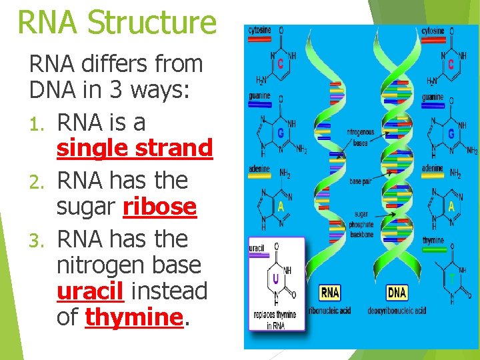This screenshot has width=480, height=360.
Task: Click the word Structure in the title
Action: click(153, 21)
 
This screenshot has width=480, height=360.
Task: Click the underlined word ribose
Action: click(160, 207)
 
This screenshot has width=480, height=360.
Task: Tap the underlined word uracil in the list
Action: click(91, 291)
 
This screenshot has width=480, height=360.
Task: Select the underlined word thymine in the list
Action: click(133, 317)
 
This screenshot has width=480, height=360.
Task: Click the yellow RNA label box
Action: click(330, 292)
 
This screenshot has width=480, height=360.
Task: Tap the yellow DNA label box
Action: click(397, 292)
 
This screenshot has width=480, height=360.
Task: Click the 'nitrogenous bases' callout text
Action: click(361, 137)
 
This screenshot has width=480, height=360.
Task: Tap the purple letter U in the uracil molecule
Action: click(275, 276)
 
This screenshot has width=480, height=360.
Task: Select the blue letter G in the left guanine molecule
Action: click(281, 133)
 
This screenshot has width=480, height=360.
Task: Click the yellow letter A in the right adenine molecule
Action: click(451, 206)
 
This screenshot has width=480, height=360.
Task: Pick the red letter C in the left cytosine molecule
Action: click(281, 64)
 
